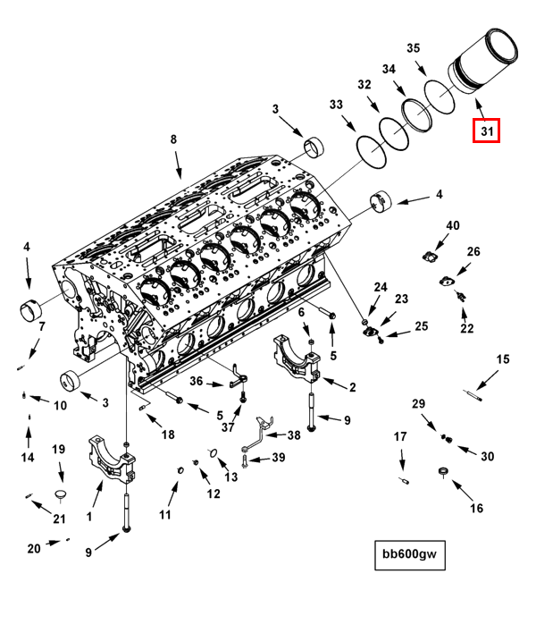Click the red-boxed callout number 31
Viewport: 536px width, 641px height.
click(x=486, y=131)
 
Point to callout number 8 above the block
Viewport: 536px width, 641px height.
click(x=173, y=139)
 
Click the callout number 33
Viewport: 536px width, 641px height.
click(x=335, y=105)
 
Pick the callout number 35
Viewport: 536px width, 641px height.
click(x=413, y=47)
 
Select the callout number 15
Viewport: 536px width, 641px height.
click(x=503, y=359)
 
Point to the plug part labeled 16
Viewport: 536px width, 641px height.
click(x=442, y=472)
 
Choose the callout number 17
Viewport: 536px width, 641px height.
click(x=400, y=436)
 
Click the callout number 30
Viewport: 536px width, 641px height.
click(x=487, y=456)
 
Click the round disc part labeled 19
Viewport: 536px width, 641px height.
click(x=61, y=493)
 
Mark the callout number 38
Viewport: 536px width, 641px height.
click(x=294, y=435)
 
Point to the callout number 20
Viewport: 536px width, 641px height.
click(x=33, y=548)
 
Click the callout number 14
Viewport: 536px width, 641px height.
click(x=28, y=457)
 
